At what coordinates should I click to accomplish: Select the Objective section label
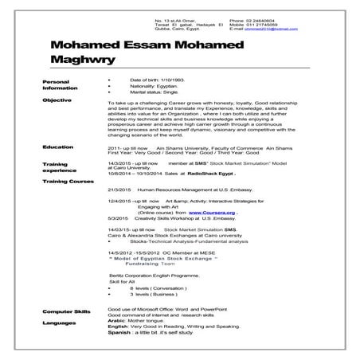pyautogui.click(x=57, y=101)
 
